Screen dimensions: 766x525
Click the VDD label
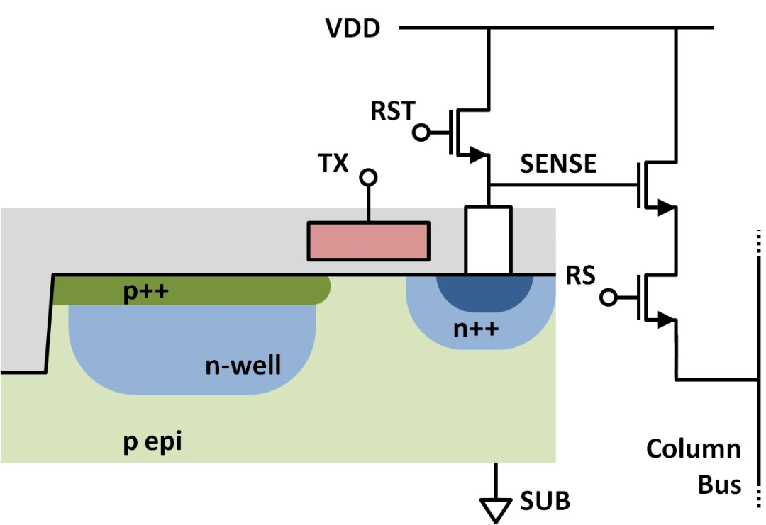[353, 28]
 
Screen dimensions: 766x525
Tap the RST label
[393, 111]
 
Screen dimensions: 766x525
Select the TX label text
[333, 163]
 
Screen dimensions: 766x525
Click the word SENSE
[558, 164]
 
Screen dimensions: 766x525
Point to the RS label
[580, 275]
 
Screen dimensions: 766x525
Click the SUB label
[545, 501]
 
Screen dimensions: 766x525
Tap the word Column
[694, 449]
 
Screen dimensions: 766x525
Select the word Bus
[720, 485]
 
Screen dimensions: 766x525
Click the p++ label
[146, 291]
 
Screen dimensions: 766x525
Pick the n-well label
[243, 366]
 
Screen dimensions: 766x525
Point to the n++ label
[477, 329]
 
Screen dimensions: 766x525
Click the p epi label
[152, 442]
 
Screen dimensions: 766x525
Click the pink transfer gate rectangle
[369, 241]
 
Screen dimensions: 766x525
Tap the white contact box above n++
[488, 241]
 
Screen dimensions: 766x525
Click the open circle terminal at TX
[368, 177]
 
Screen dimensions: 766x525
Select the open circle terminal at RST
[421, 132]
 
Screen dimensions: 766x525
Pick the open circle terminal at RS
[609, 297]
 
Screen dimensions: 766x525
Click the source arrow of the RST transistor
[479, 155]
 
